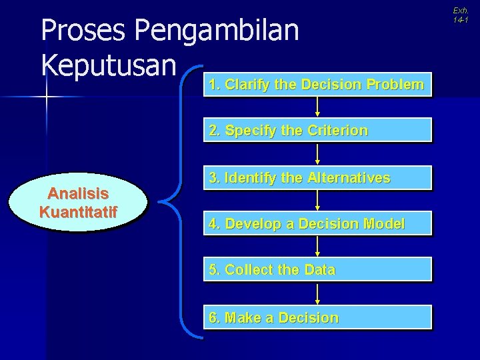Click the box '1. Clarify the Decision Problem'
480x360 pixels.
[x=317, y=85]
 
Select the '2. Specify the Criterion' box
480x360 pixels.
[x=317, y=131]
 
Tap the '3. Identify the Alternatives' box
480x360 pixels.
[x=317, y=178]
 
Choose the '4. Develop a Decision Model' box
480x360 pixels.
[x=317, y=224]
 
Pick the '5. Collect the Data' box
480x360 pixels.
[x=317, y=270]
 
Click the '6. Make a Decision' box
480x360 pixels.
[x=317, y=317]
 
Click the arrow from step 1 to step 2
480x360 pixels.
[x=317, y=107]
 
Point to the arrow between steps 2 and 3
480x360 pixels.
[x=317, y=154]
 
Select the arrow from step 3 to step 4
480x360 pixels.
[x=317, y=201]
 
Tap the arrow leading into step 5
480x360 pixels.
[x=317, y=247]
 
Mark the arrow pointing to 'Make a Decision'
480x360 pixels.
[x=317, y=293]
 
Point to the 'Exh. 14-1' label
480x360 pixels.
[x=461, y=15]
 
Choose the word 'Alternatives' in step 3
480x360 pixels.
[x=347, y=178]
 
